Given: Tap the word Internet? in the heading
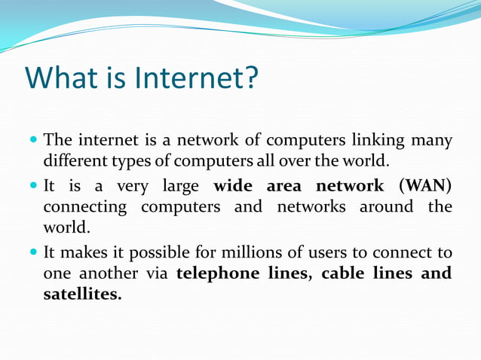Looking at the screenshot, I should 197,77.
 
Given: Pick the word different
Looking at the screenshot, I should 75,160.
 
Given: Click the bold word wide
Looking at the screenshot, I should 234,185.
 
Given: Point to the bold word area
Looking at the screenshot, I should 285,185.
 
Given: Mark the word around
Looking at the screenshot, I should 386,206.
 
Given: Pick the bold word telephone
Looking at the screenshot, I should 219,273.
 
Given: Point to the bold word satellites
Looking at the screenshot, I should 81,294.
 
